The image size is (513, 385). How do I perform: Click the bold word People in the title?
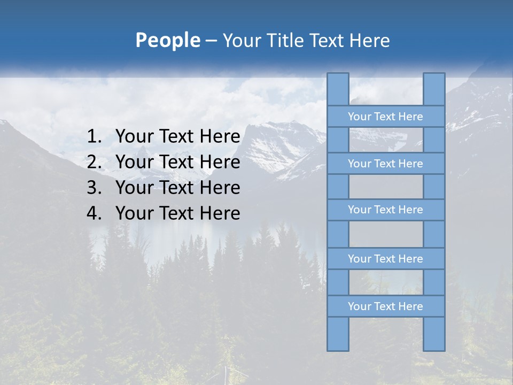click(x=167, y=41)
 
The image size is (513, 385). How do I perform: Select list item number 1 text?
click(x=177, y=137)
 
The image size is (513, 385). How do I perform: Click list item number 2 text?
click(x=177, y=162)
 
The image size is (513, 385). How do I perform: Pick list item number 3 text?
click(x=177, y=188)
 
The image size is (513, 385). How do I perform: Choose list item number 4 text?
click(x=177, y=213)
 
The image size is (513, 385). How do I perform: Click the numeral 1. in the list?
click(x=94, y=137)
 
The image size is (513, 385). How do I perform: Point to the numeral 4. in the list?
click(x=94, y=213)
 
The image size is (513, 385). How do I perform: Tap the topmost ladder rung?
click(x=385, y=117)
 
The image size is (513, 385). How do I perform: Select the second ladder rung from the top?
click(x=385, y=164)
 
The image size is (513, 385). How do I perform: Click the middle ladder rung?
click(x=385, y=210)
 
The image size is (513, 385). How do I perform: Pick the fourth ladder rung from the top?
click(x=385, y=259)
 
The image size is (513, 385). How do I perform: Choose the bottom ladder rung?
click(x=385, y=306)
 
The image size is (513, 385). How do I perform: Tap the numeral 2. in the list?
click(x=94, y=162)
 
